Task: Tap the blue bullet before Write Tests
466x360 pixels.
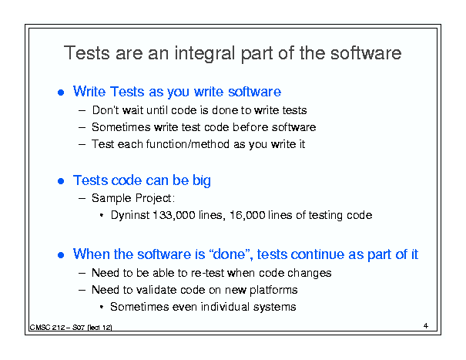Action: [61, 93]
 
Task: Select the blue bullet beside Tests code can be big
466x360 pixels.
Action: [61, 181]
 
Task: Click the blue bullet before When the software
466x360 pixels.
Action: [61, 255]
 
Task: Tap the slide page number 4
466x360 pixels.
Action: [426, 326]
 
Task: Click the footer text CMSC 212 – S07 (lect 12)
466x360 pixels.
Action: [71, 328]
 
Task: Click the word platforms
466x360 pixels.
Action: [273, 290]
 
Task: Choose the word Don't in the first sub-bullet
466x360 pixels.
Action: [106, 110]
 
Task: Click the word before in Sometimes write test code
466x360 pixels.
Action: [250, 127]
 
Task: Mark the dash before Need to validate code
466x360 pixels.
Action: [82, 290]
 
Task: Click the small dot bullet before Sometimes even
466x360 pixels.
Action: [102, 307]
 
